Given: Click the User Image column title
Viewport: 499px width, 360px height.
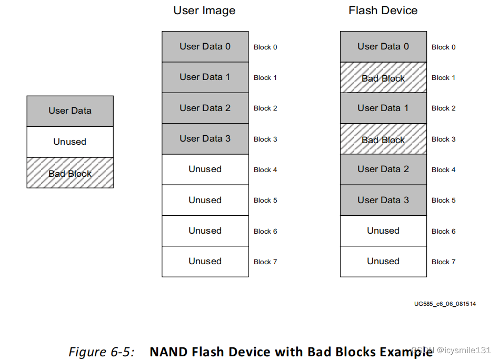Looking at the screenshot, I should [204, 11].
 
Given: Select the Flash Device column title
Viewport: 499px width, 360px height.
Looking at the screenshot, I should [383, 11].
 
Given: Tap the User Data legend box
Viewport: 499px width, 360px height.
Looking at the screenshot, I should [70, 111].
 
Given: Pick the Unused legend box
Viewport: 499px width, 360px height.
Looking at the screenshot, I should [70, 142].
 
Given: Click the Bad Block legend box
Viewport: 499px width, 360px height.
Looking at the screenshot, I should [70, 173].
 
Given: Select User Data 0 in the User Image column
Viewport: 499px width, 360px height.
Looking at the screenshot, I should [205, 47].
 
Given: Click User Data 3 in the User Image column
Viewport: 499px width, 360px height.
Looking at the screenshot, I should [205, 139].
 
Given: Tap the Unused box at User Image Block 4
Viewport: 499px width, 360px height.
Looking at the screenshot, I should [205, 169].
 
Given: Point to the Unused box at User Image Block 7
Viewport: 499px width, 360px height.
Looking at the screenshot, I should [205, 262].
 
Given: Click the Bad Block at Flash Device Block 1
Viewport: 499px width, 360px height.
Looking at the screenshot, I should [383, 78].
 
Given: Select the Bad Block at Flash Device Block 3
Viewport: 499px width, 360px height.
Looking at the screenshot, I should [383, 139].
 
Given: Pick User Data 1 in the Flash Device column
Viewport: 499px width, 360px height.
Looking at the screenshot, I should [383, 108].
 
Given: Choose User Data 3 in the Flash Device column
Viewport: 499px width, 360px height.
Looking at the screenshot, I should [383, 200].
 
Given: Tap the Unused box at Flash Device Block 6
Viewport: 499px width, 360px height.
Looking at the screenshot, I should [383, 231].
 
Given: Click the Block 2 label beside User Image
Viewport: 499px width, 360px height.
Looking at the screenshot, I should [265, 108].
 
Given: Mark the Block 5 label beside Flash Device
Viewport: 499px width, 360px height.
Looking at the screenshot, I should [444, 201].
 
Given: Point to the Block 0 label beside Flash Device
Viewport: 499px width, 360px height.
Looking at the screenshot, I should [444, 47].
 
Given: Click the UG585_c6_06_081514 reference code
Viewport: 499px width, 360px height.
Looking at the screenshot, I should [445, 304].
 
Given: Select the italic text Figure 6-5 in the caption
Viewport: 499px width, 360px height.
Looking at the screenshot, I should [101, 351].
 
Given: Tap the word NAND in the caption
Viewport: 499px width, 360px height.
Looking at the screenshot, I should [166, 351].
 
